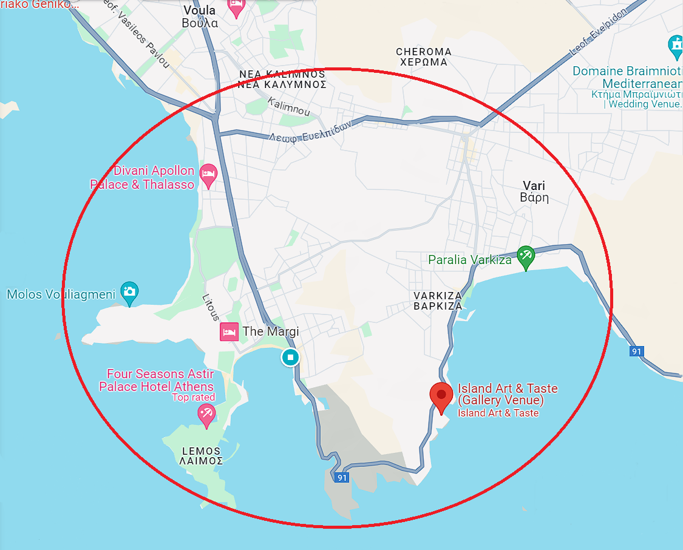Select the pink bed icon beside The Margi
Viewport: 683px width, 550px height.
coord(228,331)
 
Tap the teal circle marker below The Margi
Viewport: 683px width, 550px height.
coord(290,357)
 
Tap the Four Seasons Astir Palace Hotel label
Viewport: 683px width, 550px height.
coord(157,380)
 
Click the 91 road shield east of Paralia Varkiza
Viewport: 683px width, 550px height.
coord(636,351)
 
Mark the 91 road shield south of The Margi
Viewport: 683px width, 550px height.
coord(342,478)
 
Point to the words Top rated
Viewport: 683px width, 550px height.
coord(193,398)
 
